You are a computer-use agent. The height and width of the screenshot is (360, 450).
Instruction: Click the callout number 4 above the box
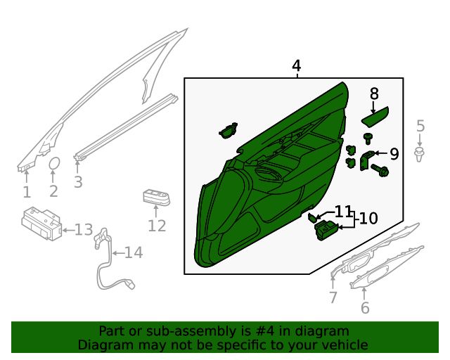tap(297, 65)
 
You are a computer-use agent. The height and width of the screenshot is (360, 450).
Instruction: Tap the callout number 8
tap(374, 94)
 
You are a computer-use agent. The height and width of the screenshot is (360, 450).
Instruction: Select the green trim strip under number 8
tap(375, 117)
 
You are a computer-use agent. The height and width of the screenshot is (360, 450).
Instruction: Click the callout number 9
tap(394, 154)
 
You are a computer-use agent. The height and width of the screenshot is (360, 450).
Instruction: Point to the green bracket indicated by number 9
tap(365, 160)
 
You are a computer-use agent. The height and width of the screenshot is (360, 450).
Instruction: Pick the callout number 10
tap(368, 219)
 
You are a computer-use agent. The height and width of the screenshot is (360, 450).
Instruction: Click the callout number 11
tap(343, 212)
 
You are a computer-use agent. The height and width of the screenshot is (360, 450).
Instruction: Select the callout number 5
tap(420, 126)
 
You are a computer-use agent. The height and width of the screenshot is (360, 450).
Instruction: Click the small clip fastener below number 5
tap(420, 154)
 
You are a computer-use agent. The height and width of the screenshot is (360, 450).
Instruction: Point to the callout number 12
tap(157, 226)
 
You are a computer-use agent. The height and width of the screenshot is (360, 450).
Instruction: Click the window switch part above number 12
tap(156, 197)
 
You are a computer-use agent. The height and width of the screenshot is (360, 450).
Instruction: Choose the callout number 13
tap(84, 230)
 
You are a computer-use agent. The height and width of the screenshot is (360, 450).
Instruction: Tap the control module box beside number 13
tap(41, 223)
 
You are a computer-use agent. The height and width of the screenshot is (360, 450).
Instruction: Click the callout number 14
tap(134, 252)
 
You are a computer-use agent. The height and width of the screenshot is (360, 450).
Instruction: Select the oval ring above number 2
tap(54, 164)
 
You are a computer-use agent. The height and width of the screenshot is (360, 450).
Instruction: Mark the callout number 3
tap(78, 182)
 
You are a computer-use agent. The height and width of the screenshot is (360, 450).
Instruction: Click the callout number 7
tap(333, 297)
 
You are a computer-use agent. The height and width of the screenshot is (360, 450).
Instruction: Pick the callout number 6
tap(365, 308)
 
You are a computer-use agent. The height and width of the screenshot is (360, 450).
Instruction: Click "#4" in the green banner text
tap(264, 331)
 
